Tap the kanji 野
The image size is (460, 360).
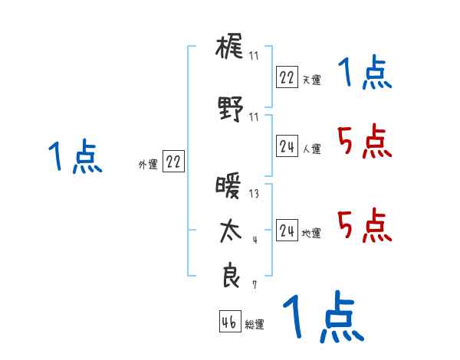(230, 110)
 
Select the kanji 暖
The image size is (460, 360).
(229, 188)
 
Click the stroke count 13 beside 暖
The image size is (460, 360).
(254, 194)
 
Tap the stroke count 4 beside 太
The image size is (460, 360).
(255, 240)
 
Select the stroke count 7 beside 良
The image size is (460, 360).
(254, 285)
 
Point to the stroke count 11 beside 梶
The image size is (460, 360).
(254, 56)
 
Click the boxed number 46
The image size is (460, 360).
(229, 322)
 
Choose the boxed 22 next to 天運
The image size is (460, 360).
(287, 77)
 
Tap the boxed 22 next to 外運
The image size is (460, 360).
(173, 162)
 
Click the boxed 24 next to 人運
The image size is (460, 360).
(287, 146)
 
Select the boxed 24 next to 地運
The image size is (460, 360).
(287, 231)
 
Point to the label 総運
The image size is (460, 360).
(255, 325)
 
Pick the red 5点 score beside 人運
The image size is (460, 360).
(363, 141)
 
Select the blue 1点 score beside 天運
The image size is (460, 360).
(363, 74)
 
